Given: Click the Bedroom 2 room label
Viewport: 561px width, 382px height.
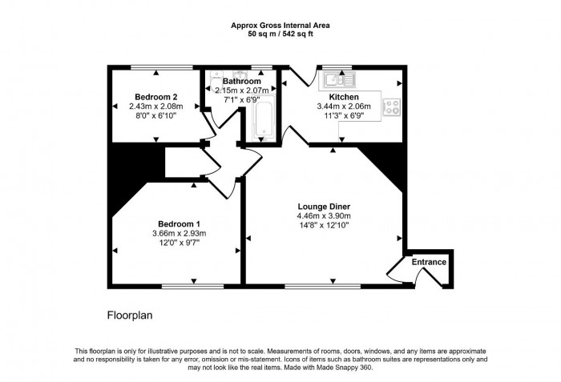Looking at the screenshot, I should pos(156,96).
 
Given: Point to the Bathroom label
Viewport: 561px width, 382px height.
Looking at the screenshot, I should pos(241,82).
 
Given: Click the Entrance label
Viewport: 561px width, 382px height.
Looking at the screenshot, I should pos(429,262).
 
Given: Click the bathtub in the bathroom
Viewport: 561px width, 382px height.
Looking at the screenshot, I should pos(264,120).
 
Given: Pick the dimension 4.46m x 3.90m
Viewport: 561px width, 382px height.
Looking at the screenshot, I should pos(325,215).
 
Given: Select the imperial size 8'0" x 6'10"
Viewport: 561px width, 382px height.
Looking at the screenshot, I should pos(156,115).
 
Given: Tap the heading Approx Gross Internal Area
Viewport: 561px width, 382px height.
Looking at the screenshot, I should pos(280,26).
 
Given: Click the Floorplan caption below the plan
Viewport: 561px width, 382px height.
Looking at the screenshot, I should pos(130,316).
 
